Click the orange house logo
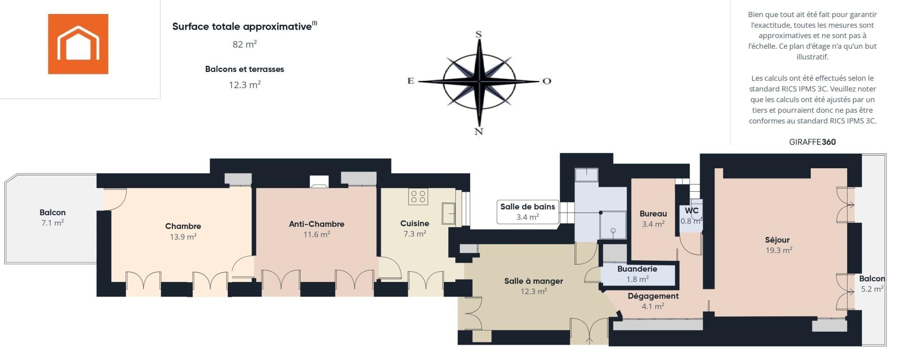[78, 44]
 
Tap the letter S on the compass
[479, 34]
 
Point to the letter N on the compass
[479, 132]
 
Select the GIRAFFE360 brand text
[812, 142]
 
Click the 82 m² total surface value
[245, 44]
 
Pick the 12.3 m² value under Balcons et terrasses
[245, 85]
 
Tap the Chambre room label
[183, 226]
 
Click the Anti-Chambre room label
[317, 224]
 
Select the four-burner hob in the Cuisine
[418, 196]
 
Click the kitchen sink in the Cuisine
[449, 213]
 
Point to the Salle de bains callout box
[528, 212]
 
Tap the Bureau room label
[653, 214]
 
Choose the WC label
[692, 211]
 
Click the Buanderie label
[637, 269]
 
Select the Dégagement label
[653, 296]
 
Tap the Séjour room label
[778, 240]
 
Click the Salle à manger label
[534, 281]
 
